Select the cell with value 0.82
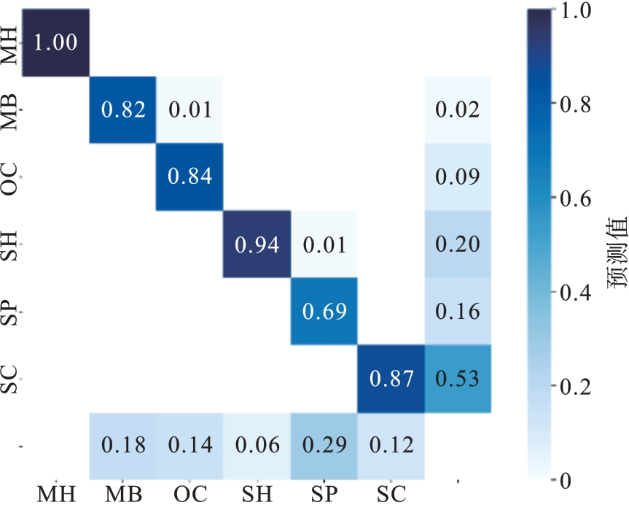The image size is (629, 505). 122,110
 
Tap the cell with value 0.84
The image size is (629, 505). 190,177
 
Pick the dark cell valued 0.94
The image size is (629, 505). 257,244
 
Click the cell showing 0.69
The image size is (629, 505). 324,312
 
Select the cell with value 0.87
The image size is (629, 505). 391,379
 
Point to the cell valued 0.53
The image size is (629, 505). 458,379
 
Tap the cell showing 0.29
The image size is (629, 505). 324,445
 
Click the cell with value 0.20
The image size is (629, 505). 458,244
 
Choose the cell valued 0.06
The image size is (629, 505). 257,445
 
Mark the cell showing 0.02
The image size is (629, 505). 458,110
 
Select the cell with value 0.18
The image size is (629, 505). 122,445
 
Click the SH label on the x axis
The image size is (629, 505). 257,494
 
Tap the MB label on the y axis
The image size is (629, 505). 9,110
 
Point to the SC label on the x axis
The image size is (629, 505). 391,494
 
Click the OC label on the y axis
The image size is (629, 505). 9,177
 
